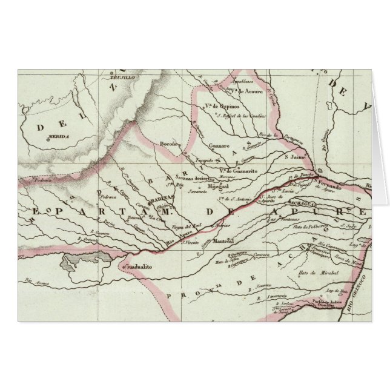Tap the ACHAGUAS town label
click(x=302, y=204)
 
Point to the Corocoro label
click(x=261, y=256)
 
